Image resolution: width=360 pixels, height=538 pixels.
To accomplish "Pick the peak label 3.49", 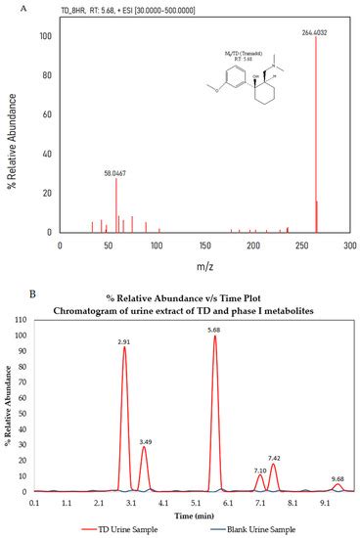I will point(144,387).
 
